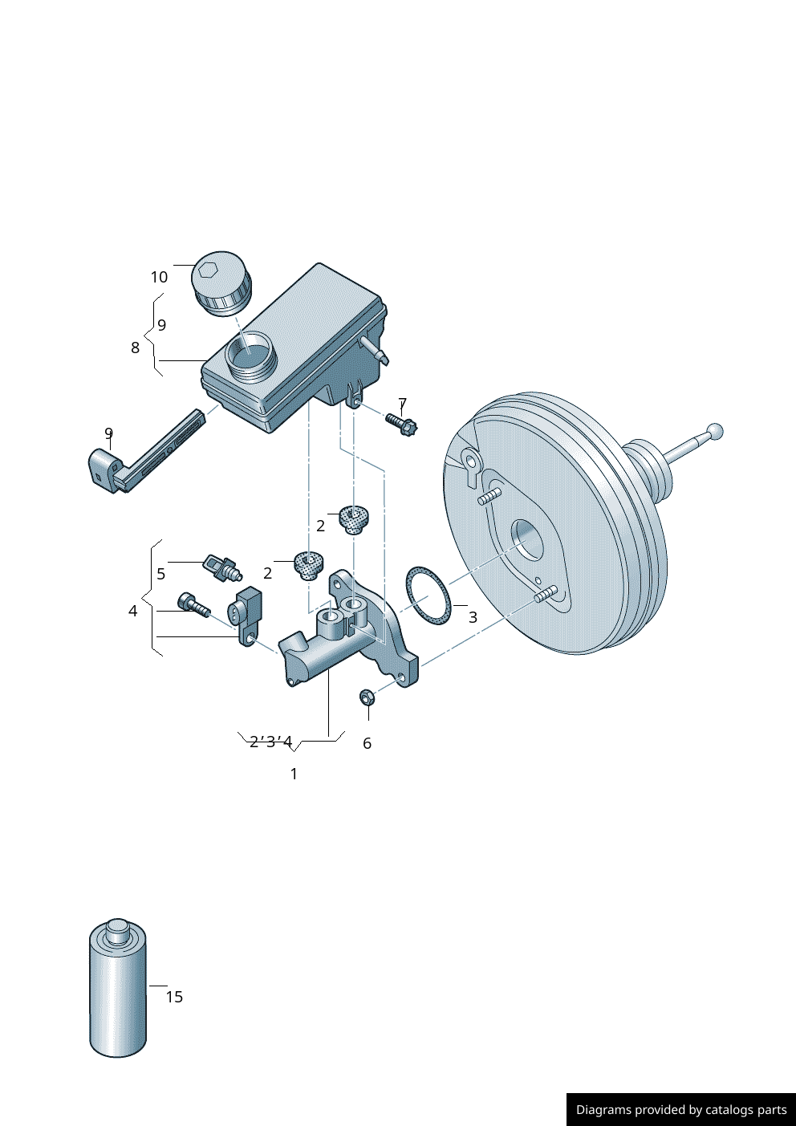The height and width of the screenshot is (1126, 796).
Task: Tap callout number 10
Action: [x=159, y=277]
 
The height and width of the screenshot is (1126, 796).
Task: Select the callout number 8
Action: [x=135, y=348]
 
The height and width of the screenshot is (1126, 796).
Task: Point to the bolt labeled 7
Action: [x=400, y=423]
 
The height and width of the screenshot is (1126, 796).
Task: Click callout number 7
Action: [x=403, y=404]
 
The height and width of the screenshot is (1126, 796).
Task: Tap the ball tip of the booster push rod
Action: [x=714, y=432]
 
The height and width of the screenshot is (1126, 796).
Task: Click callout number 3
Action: [x=473, y=617]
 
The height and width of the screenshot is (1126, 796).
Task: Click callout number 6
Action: [x=367, y=743]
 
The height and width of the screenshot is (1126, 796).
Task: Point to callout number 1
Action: [x=294, y=774]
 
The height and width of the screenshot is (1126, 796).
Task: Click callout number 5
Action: [x=161, y=574]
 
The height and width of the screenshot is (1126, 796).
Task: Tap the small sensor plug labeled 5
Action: [x=221, y=567]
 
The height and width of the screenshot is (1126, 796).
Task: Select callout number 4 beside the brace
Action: [x=133, y=611]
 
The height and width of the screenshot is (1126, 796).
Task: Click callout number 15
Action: [x=174, y=997]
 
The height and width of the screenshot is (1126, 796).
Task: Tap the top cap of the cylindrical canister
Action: [x=117, y=929]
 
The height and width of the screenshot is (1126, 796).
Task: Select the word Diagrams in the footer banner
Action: [x=603, y=1110]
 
